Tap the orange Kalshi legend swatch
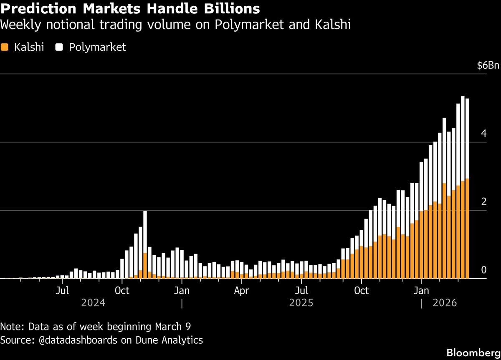5,47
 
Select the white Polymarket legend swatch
59,47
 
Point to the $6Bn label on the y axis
488,66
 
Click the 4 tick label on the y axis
483,134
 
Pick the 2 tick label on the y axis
483,202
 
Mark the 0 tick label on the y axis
483,270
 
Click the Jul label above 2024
62,290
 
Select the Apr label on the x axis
242,290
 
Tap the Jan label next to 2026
421,290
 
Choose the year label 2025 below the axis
301,303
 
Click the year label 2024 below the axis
93,303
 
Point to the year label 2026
445,303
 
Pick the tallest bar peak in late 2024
145,213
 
